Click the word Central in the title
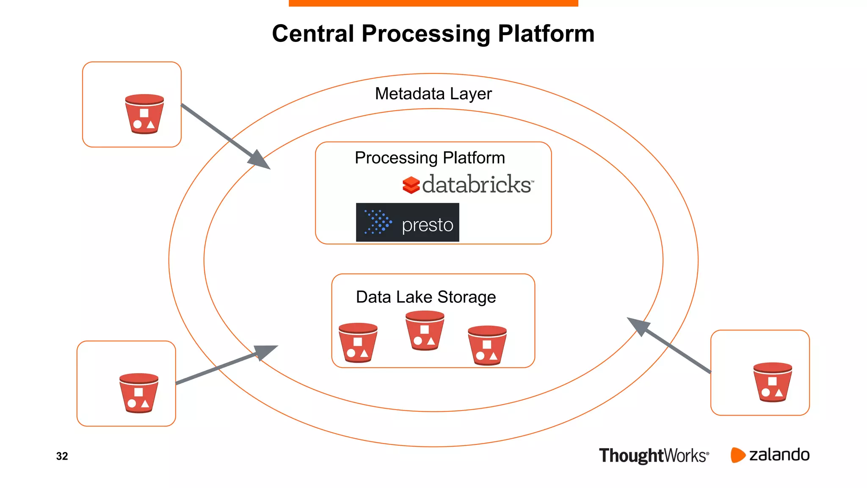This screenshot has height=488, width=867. click(313, 34)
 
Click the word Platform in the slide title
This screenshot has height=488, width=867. click(546, 34)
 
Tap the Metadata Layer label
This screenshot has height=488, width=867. click(433, 94)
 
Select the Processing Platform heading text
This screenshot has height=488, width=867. click(430, 158)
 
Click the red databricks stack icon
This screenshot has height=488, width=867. click(411, 185)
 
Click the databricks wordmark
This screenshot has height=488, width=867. click(477, 185)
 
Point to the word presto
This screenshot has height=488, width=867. click(427, 225)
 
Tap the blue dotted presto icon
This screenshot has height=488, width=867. click(378, 222)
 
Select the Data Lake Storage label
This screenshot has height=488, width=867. click(425, 297)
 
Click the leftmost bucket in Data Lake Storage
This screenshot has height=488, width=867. click(358, 343)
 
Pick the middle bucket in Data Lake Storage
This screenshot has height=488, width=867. click(425, 330)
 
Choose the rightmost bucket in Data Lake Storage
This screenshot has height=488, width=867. click(487, 345)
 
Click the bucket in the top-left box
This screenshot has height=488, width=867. click(144, 114)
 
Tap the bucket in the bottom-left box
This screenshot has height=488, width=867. click(139, 393)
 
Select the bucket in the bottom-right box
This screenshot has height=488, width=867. click(772, 382)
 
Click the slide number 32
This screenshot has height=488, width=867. click(62, 456)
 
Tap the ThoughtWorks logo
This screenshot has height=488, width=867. click(653, 456)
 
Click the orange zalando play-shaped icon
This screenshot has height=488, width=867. click(737, 455)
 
